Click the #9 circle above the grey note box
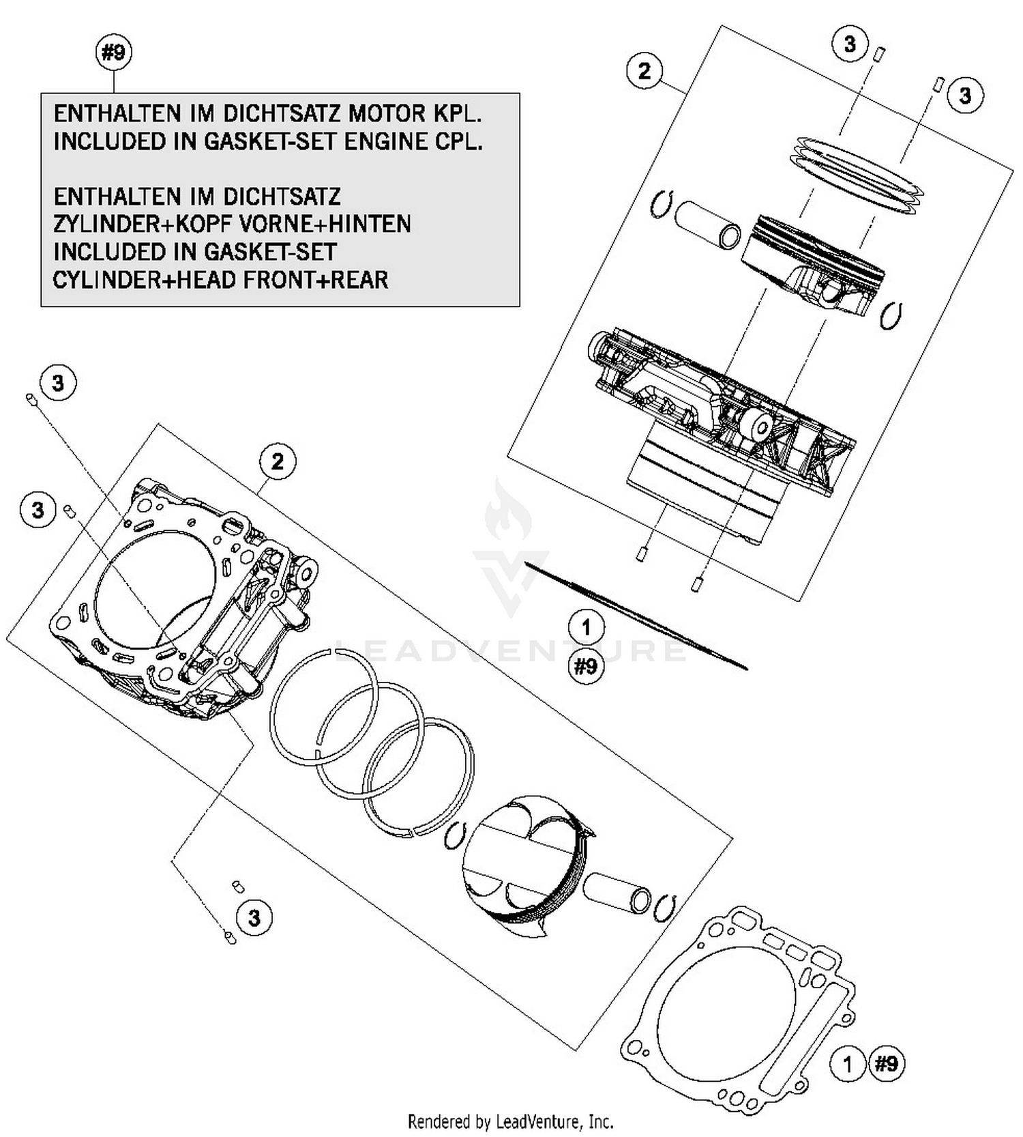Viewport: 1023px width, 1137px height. pyautogui.click(x=114, y=53)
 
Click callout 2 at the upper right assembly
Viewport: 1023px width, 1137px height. pyautogui.click(x=644, y=70)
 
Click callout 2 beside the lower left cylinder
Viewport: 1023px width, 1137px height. pyautogui.click(x=277, y=462)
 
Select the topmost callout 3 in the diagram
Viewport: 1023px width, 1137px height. pyautogui.click(x=849, y=44)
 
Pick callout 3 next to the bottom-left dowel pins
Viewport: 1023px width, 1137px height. pyautogui.click(x=254, y=917)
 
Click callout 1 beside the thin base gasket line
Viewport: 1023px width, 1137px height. pyautogui.click(x=586, y=627)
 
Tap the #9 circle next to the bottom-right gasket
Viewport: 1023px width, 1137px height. pyautogui.click(x=886, y=1063)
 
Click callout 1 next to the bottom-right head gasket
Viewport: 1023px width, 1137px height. pyautogui.click(x=848, y=1064)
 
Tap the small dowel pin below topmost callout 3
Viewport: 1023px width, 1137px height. pyautogui.click(x=880, y=53)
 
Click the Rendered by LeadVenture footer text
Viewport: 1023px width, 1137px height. pyautogui.click(x=510, y=1121)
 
